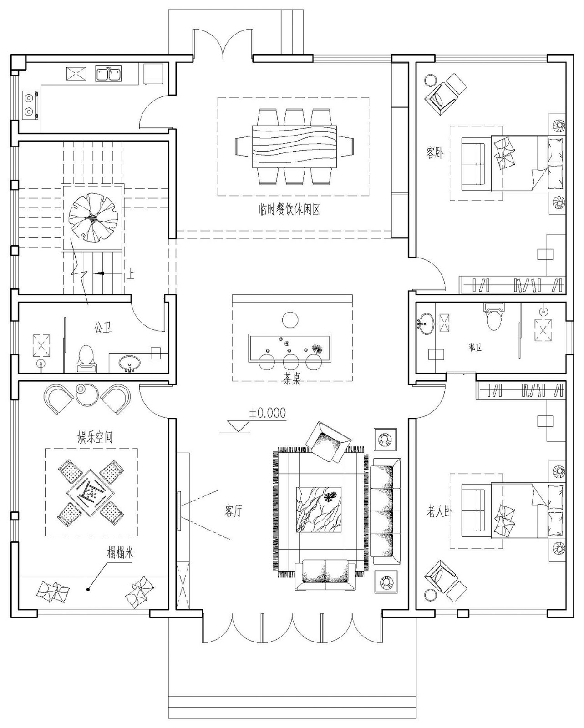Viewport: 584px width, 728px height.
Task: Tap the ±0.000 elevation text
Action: pos(267,413)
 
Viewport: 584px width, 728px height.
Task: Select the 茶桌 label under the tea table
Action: pos(291,379)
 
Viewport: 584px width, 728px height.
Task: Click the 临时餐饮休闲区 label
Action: pos(289,210)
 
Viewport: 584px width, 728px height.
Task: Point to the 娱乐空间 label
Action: pos(95,438)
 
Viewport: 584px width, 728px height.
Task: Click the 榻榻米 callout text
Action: pos(120,554)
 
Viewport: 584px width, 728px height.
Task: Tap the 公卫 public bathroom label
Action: pos(103,327)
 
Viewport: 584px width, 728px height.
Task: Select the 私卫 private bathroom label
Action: pos(475,348)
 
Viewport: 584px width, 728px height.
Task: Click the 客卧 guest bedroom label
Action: pos(435,153)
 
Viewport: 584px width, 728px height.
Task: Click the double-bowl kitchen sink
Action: pos(108,73)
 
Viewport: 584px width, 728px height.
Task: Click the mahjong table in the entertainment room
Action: pos(91,491)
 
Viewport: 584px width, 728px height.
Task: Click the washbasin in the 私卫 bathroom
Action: pos(426,324)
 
